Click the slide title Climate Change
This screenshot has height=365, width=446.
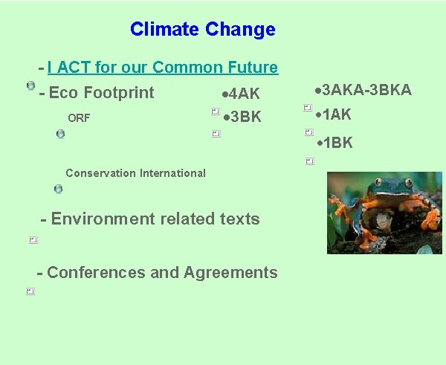click(x=202, y=30)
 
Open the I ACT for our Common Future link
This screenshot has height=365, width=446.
click(x=162, y=68)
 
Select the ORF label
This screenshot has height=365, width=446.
click(x=78, y=118)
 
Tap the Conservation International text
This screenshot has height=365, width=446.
click(x=135, y=173)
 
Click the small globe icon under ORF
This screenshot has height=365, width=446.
click(x=60, y=134)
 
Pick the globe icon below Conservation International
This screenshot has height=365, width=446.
click(x=58, y=189)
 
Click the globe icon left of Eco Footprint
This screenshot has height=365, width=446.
click(x=30, y=85)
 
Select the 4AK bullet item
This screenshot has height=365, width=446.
click(x=243, y=94)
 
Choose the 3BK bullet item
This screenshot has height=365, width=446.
click(x=245, y=117)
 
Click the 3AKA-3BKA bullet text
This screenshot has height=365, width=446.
click(x=365, y=91)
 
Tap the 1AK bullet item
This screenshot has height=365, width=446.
click(x=335, y=115)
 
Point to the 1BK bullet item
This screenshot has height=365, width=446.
click(x=336, y=143)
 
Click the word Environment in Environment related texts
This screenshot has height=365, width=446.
click(x=96, y=219)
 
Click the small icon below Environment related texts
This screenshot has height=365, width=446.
click(x=33, y=240)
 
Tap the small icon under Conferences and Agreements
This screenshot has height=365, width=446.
click(x=30, y=291)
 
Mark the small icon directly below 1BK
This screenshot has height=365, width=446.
click(x=309, y=161)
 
